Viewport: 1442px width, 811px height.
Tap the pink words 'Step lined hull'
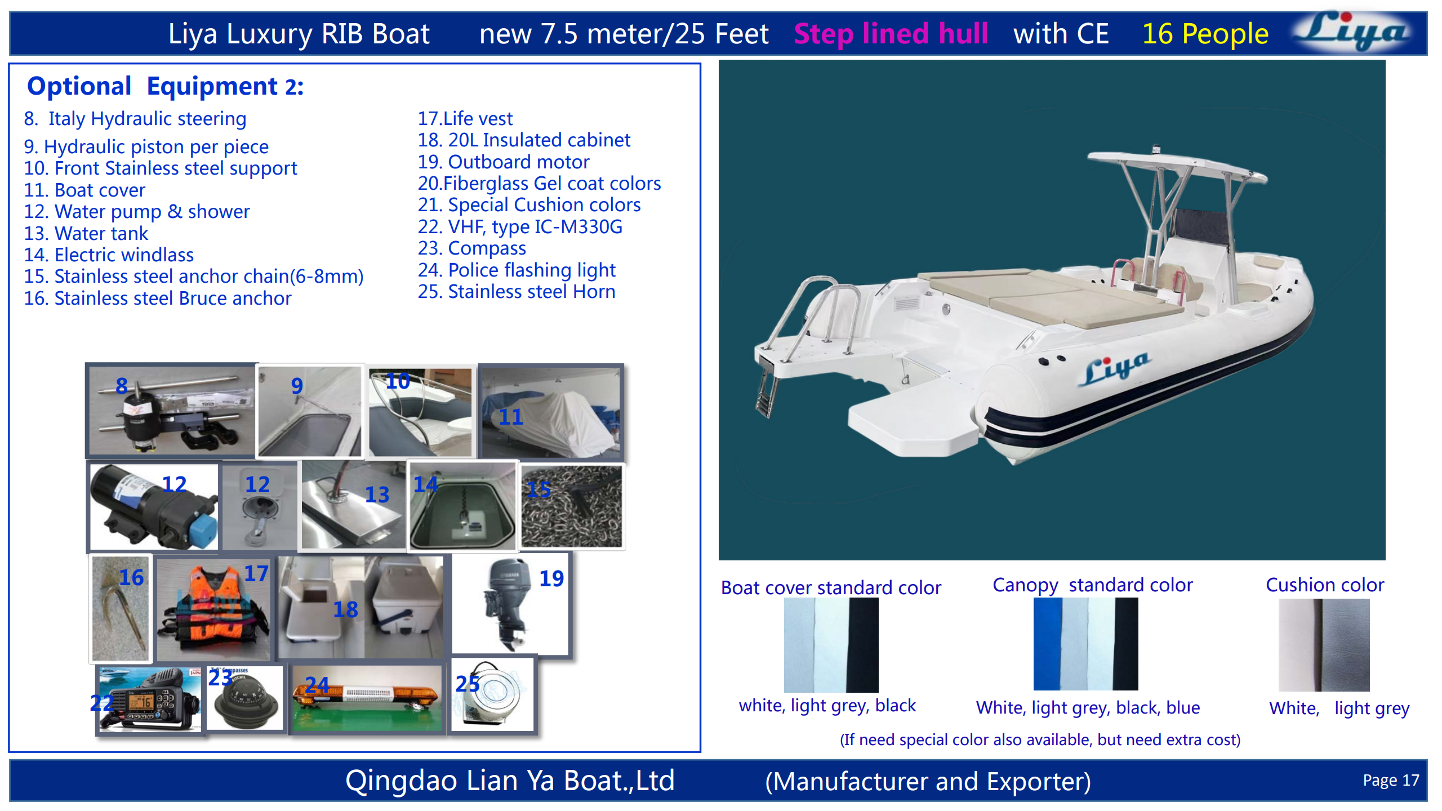(x=891, y=34)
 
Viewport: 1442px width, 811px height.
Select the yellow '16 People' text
(x=1205, y=34)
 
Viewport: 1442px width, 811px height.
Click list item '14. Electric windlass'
(x=109, y=255)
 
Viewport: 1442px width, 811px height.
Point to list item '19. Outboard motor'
(x=503, y=162)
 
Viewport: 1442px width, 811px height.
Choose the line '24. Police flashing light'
(x=517, y=270)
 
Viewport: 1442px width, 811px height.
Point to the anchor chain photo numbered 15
(x=572, y=507)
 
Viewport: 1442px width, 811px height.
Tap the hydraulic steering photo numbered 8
(x=172, y=410)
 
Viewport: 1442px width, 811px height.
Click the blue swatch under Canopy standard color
(x=1047, y=644)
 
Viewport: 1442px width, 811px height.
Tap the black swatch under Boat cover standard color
(x=863, y=645)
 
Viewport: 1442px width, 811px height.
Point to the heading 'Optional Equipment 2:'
(x=165, y=87)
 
